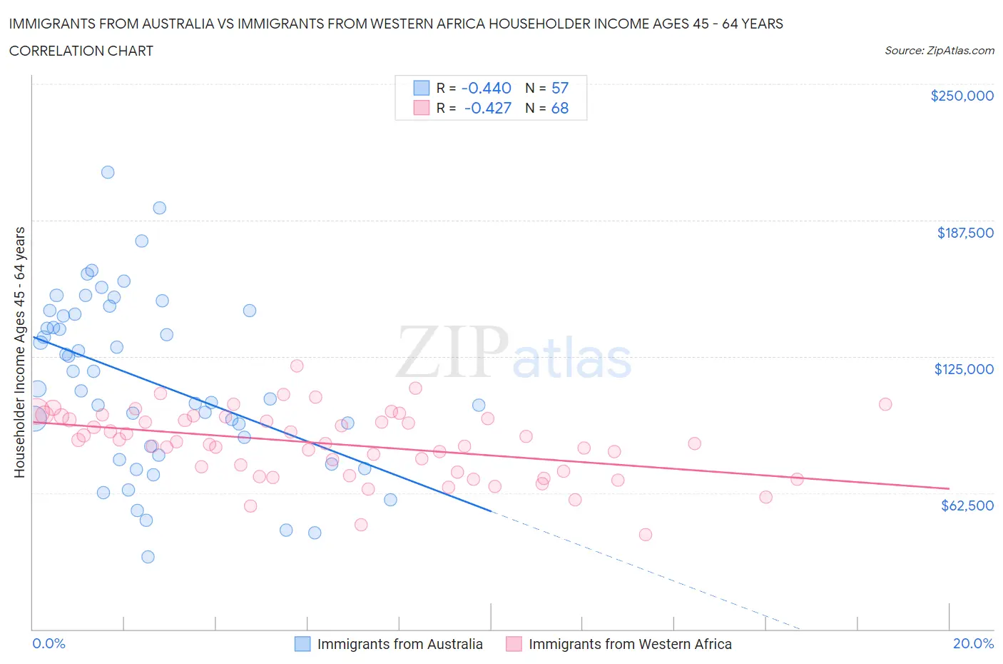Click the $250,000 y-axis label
(x=962, y=96)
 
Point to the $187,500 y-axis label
(x=965, y=233)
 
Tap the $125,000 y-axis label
(x=964, y=369)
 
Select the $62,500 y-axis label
(x=967, y=505)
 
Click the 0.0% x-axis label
(x=49, y=643)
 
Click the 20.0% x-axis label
(x=973, y=643)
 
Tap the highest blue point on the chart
(x=108, y=172)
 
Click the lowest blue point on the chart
(x=148, y=557)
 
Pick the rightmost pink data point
(x=885, y=404)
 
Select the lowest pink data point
(x=646, y=535)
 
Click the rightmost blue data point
(x=479, y=405)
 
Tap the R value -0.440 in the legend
(x=487, y=88)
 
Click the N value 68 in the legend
(x=560, y=108)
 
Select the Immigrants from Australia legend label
(x=399, y=644)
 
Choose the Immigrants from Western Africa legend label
(x=630, y=644)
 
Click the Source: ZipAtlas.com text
(x=939, y=51)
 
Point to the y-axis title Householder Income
(x=19, y=352)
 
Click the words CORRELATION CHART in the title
(x=81, y=51)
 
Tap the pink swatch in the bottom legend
(x=514, y=644)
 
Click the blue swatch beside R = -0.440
(x=422, y=88)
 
